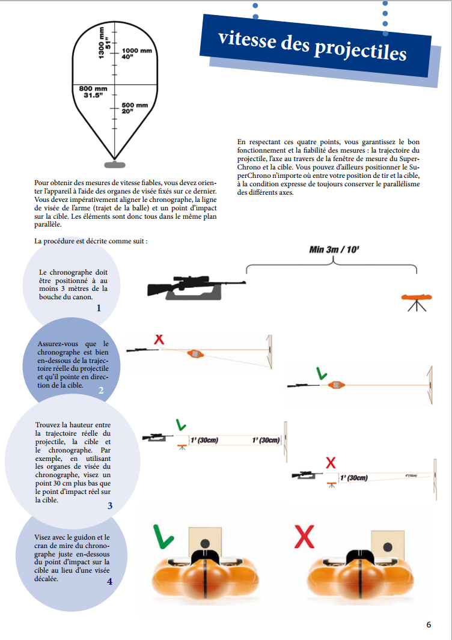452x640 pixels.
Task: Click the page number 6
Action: coord(429,624)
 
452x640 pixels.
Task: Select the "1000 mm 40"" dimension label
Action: coord(136,53)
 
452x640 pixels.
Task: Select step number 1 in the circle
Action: coord(99,308)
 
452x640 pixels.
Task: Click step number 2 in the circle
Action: coord(101,390)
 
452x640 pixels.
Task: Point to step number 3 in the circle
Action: coord(110,505)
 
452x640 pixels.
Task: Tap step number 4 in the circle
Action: coord(109,581)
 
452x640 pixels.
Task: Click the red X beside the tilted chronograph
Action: coord(159,340)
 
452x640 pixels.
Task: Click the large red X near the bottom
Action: coord(305,536)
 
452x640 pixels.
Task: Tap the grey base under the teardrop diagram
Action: coord(114,164)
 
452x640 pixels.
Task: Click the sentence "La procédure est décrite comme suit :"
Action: coord(91,241)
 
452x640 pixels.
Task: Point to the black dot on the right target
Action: coord(388,547)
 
